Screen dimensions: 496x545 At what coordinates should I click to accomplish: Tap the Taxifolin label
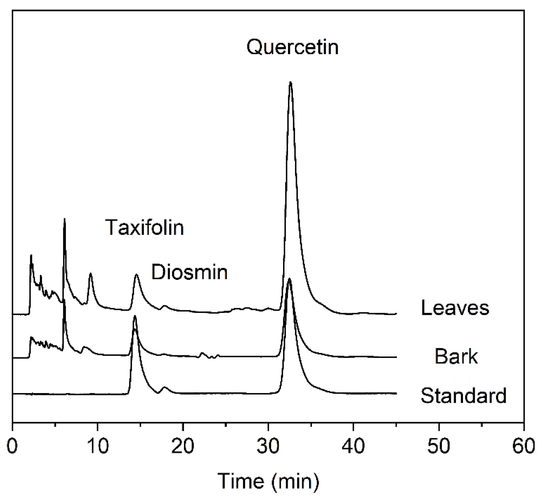(x=144, y=227)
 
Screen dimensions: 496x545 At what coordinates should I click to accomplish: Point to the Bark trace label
(x=456, y=356)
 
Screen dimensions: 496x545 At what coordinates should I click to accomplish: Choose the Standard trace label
(x=463, y=396)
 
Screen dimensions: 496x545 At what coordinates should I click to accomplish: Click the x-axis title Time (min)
(x=268, y=481)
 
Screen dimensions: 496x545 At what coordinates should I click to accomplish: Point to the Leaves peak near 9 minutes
(x=90, y=274)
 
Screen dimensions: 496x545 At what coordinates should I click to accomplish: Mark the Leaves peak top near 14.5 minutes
(x=137, y=275)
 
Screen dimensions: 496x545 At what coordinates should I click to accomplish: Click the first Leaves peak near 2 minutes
(x=31, y=255)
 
